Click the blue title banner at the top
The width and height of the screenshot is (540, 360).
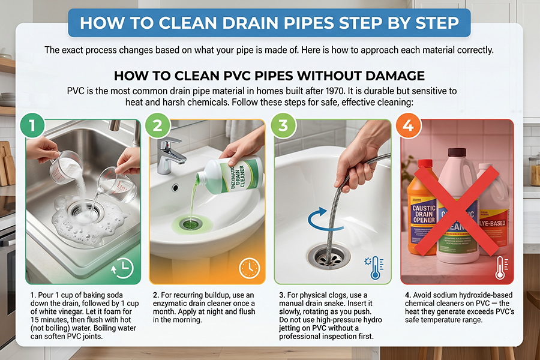click(x=269, y=23)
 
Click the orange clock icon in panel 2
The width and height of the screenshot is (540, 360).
click(x=248, y=268)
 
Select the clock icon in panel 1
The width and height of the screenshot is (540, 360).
click(x=123, y=269)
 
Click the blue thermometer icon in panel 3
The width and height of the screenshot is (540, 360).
click(x=375, y=268)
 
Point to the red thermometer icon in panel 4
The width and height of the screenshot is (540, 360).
click(x=500, y=268)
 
